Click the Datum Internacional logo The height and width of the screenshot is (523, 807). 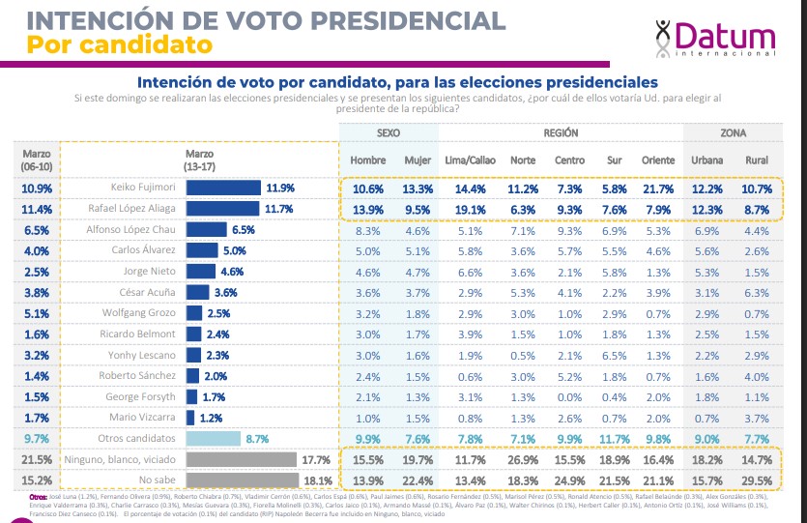[x=715, y=39]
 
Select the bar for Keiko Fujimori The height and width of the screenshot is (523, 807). [x=223, y=188]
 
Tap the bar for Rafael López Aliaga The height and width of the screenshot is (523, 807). [x=222, y=209]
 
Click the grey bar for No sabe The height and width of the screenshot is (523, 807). [x=242, y=480]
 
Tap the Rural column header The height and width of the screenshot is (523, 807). [x=757, y=160]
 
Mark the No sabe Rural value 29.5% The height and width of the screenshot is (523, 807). [x=757, y=480]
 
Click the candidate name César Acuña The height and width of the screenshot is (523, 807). [x=148, y=292]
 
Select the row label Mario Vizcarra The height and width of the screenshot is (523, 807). [x=144, y=418]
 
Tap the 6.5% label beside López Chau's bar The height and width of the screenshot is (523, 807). [x=243, y=230]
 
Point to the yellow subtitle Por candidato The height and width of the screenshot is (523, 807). [x=119, y=44]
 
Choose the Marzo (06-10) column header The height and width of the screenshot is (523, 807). [x=36, y=159]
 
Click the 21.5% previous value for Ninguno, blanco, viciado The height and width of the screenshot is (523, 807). [x=36, y=459]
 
